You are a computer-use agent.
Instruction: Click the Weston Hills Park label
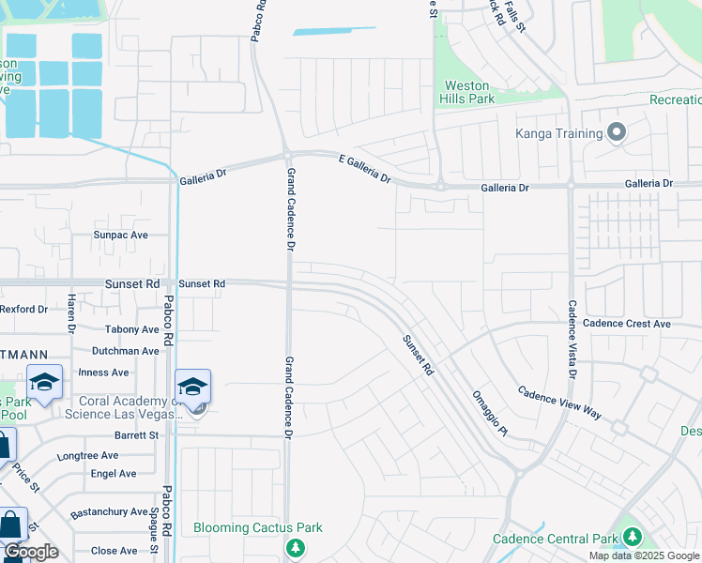click(468, 92)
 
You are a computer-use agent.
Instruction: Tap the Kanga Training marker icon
click(617, 133)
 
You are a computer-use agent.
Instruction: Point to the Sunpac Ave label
click(120, 235)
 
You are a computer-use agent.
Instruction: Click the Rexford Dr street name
click(23, 309)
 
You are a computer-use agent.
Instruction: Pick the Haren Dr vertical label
click(70, 313)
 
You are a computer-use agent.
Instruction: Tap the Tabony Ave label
click(131, 329)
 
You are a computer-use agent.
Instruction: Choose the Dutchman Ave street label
click(125, 351)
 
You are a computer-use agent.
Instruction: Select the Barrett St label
click(136, 435)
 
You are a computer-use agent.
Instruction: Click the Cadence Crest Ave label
click(626, 324)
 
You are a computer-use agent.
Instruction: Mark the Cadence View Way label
click(560, 403)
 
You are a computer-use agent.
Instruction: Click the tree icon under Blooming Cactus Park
click(296, 546)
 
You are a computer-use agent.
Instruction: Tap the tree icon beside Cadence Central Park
click(633, 538)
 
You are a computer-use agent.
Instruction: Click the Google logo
click(30, 552)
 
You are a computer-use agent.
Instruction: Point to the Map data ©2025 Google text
click(644, 555)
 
